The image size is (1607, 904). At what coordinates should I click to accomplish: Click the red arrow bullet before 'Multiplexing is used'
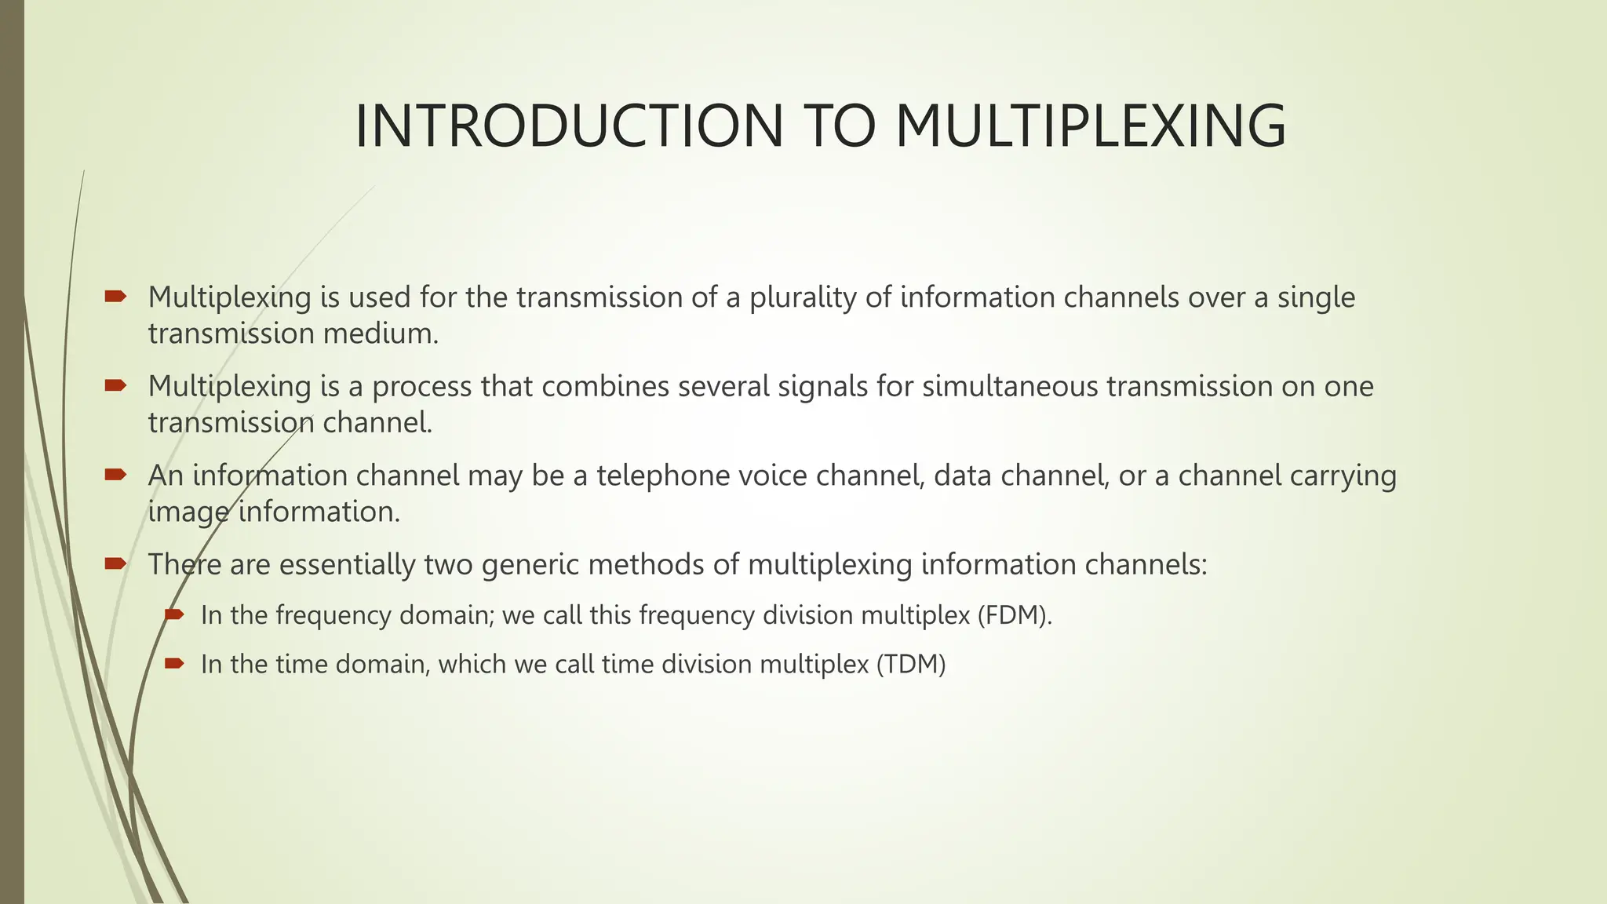115,296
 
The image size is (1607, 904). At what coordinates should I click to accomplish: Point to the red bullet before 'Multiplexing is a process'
115,385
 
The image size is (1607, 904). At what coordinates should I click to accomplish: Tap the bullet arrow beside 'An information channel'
115,474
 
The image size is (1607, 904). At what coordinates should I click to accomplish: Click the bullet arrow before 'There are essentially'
115,563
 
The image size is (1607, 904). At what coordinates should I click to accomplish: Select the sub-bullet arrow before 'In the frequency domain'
173,614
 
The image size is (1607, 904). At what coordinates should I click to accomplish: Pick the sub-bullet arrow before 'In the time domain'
173,663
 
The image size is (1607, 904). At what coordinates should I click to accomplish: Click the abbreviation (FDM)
1014,615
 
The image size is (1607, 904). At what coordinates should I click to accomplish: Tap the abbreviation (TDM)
911,665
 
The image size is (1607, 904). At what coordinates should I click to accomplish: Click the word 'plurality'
803,298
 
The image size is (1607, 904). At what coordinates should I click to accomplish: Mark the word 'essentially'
347,565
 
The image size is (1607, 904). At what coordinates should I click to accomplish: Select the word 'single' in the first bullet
1316,298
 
